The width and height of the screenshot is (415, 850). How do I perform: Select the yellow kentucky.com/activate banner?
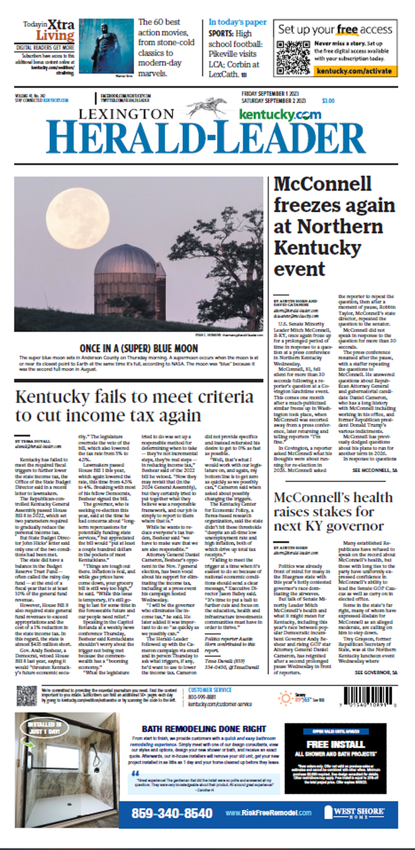coord(354,71)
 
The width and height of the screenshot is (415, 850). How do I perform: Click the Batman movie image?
coord(106,46)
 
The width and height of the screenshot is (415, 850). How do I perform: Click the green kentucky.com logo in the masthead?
coord(280,114)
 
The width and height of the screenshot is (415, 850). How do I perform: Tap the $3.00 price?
coord(328,101)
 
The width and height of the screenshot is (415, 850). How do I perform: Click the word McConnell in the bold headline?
coord(323,184)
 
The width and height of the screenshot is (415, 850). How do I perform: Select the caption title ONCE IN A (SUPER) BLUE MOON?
coord(139,348)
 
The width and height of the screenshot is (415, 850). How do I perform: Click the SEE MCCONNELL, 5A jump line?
coord(375,470)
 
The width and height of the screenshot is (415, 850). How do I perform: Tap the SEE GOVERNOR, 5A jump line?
coord(376,672)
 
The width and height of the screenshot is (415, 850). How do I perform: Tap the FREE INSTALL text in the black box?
coord(335,744)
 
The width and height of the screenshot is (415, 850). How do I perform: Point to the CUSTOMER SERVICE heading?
coord(210,690)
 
